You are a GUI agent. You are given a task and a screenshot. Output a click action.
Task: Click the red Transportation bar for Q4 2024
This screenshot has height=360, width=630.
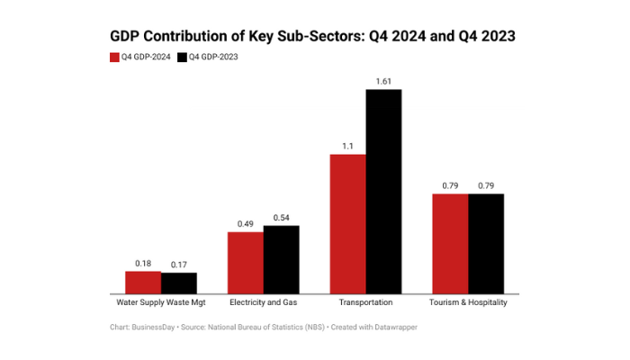tap(347, 223)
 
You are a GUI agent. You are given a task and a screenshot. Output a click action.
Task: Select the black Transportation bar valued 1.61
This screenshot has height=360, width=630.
tap(383, 191)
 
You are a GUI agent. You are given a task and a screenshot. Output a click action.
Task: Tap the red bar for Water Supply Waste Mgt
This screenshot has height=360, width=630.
tap(143, 282)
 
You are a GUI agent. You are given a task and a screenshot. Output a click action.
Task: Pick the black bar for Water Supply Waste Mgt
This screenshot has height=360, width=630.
tap(178, 283)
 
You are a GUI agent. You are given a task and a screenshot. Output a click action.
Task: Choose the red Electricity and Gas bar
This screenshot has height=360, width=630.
tap(246, 262)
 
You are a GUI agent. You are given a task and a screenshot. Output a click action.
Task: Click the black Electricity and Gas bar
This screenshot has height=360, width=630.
tap(281, 259)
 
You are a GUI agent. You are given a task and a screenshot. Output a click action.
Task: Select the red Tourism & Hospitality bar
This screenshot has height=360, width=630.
tap(450, 243)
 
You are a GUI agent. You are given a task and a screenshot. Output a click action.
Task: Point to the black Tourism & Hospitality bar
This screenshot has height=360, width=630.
tap(486, 243)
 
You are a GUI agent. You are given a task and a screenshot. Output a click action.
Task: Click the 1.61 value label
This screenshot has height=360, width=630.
tap(383, 81)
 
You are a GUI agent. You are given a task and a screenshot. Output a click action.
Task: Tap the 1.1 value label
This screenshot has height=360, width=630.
tap(347, 146)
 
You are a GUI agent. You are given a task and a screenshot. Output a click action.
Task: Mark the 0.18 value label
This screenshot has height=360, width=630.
tap(143, 263)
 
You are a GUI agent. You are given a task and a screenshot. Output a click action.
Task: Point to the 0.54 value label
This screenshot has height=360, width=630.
tap(281, 217)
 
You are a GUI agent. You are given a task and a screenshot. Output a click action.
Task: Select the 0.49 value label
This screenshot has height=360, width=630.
tap(246, 224)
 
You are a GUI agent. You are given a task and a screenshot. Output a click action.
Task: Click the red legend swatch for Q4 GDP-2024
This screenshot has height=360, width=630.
tap(114, 57)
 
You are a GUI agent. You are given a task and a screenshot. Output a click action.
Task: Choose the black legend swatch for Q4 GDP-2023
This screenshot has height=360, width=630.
tap(182, 57)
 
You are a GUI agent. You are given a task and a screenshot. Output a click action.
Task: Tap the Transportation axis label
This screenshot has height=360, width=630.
tap(365, 302)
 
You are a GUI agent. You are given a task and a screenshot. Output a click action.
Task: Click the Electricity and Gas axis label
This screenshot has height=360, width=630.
tap(263, 302)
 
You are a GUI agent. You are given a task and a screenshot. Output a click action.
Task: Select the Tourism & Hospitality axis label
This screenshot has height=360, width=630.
tap(468, 302)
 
